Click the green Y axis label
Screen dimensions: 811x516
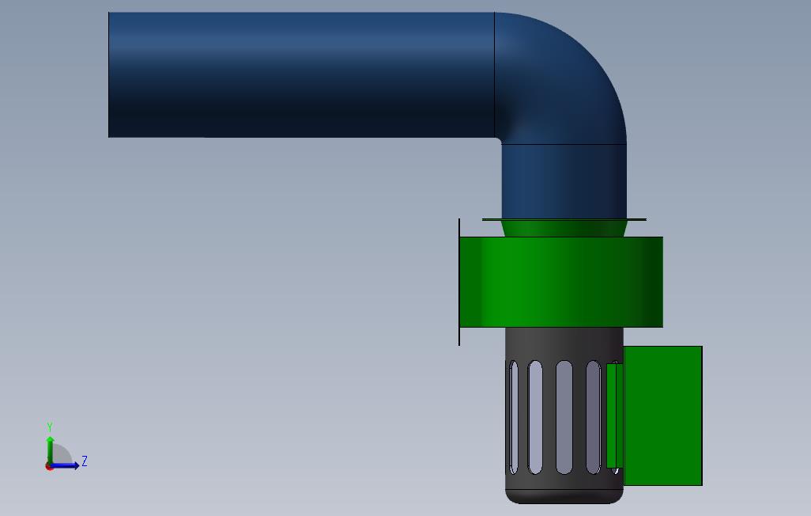50,427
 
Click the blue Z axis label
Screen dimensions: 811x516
85,461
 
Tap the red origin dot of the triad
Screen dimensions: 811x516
49,467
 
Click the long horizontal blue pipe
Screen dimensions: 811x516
301,74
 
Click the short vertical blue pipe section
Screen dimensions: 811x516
564,181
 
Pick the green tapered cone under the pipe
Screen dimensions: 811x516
564,229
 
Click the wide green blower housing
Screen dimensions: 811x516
561,282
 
